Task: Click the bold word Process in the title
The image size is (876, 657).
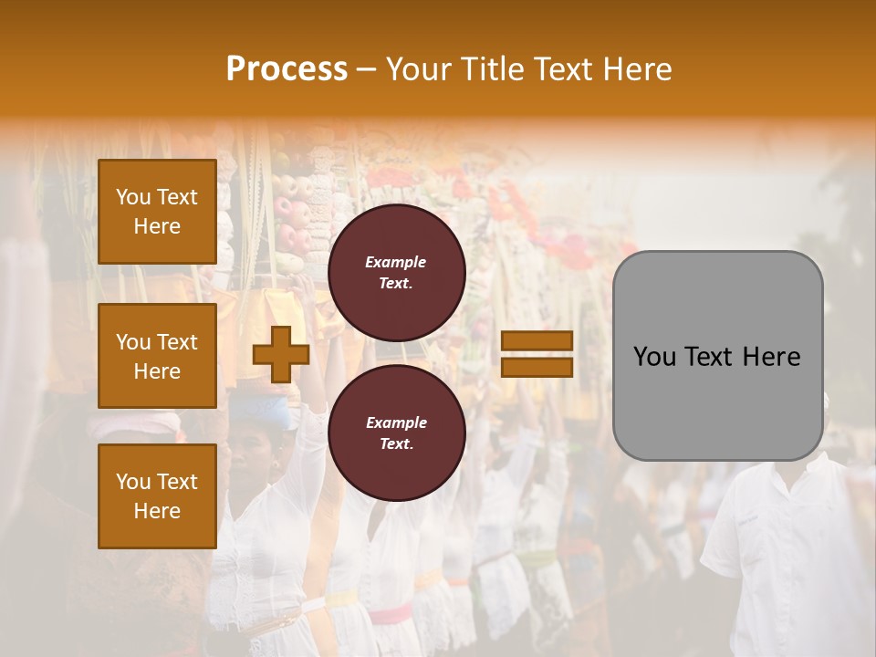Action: coord(287,68)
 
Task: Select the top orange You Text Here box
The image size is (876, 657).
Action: coord(157,212)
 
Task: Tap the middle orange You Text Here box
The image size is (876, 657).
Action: coord(157,356)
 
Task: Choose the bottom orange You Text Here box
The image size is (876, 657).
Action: coord(157,495)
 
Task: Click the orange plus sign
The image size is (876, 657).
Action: coord(281,354)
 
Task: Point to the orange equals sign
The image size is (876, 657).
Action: coord(537,354)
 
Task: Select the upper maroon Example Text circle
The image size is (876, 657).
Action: coord(397,272)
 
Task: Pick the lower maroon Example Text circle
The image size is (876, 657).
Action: coord(397,433)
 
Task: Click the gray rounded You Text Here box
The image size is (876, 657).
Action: coord(717,356)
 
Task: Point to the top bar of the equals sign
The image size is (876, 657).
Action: coord(537,341)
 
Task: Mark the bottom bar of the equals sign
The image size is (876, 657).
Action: coord(537,367)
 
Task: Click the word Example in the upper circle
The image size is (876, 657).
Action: coord(396,262)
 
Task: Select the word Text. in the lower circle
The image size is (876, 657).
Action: coord(396,443)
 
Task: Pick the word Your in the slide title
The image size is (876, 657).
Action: coord(418,68)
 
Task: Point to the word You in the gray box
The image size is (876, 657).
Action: coord(654,357)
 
